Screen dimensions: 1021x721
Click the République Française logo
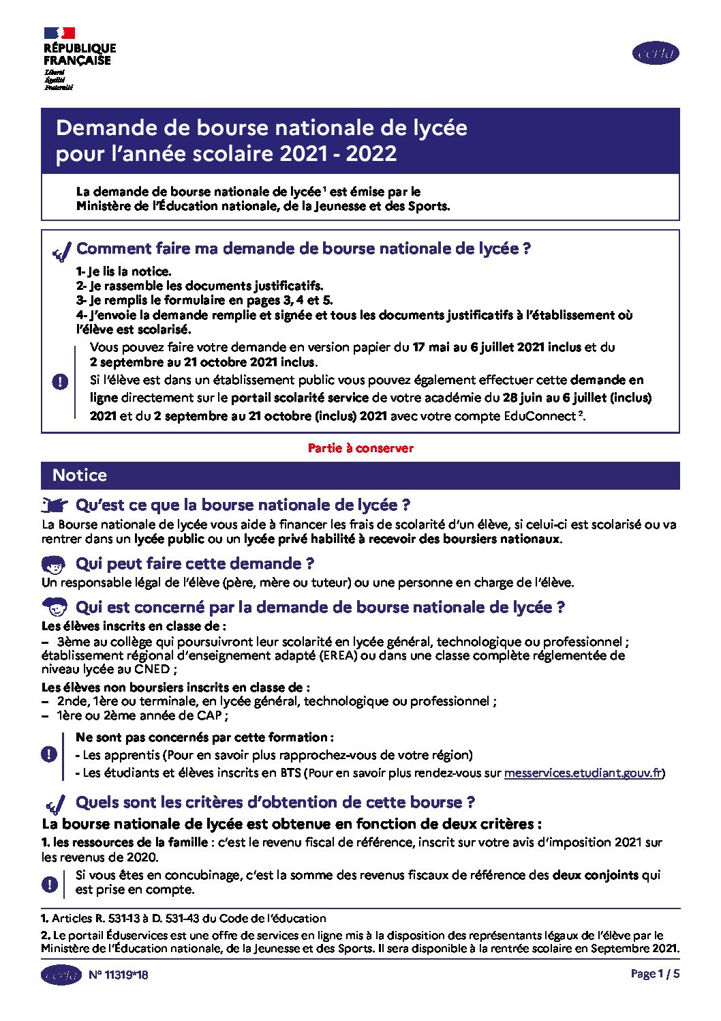click(x=78, y=58)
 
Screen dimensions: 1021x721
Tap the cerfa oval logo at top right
click(x=656, y=53)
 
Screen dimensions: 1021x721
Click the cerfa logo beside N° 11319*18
click(x=61, y=975)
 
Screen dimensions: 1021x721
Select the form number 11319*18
click(x=119, y=975)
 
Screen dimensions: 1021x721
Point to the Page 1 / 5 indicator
click(x=655, y=974)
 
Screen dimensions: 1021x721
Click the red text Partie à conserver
click(x=360, y=448)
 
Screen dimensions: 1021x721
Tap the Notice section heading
click(x=80, y=475)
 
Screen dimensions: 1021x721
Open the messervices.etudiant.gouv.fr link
click(x=583, y=773)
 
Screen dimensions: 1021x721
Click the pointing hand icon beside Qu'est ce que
click(x=55, y=505)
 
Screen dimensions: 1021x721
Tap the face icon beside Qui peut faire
click(x=54, y=565)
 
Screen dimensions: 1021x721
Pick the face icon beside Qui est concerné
click(x=54, y=606)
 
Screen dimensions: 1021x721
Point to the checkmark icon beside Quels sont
click(x=55, y=803)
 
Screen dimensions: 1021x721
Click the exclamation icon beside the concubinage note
click(x=49, y=884)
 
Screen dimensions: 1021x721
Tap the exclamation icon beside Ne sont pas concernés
click(x=49, y=754)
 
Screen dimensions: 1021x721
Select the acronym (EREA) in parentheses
click(x=337, y=655)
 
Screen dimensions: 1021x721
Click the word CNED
click(x=152, y=669)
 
